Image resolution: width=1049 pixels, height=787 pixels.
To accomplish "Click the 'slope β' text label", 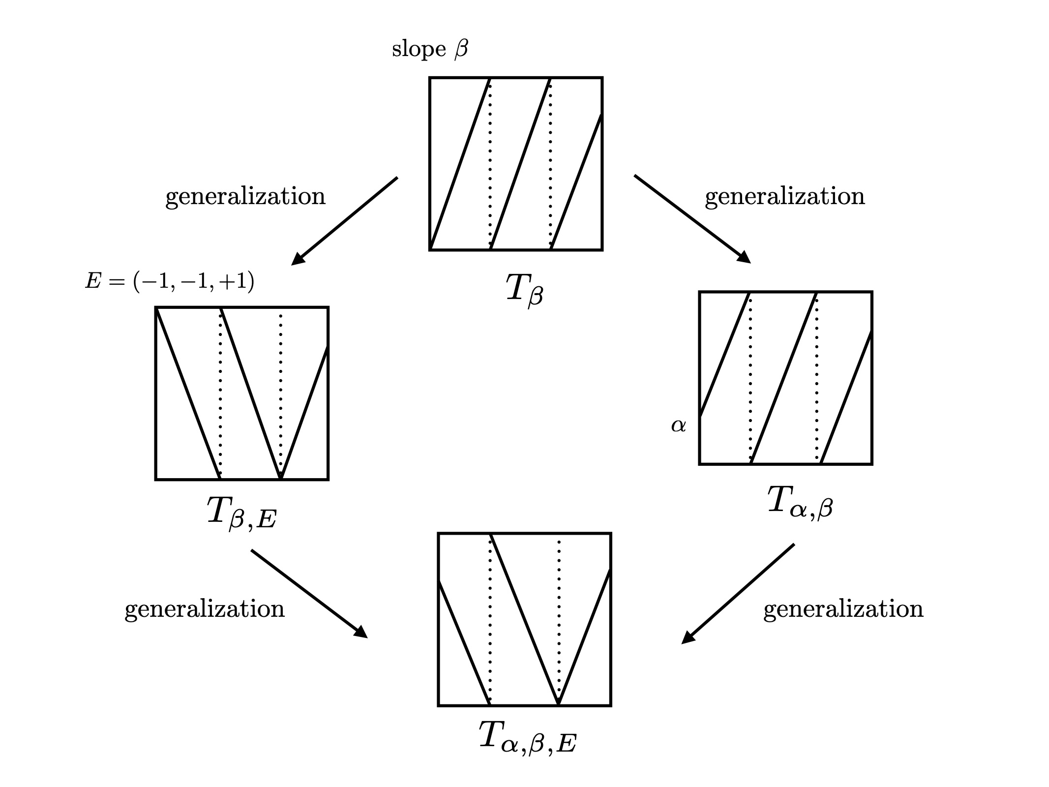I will point(429,50).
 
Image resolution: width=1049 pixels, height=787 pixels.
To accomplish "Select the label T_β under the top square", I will point(524,290).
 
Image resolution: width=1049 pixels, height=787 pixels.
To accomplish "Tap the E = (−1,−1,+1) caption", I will point(170,282).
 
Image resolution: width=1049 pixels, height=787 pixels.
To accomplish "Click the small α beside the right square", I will point(678,425).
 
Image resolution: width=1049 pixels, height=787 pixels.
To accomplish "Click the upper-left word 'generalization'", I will point(245,196).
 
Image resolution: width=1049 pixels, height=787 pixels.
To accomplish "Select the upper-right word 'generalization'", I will point(784,196).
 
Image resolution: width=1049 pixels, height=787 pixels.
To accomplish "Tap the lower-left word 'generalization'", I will point(205,609).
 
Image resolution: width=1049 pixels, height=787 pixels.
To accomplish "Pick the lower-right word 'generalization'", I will point(843,609).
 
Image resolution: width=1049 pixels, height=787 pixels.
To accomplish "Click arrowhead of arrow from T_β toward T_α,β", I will point(745,258).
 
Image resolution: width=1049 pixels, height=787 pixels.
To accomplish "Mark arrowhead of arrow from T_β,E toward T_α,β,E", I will point(361,633).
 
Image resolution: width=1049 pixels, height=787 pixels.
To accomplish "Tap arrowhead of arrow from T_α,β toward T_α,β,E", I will point(687,638).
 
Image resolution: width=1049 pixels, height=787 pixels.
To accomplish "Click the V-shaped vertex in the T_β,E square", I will point(280,476).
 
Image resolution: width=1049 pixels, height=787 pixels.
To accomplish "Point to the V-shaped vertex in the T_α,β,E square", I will point(559,702).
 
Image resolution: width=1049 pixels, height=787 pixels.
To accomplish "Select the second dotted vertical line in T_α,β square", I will point(816,379).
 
